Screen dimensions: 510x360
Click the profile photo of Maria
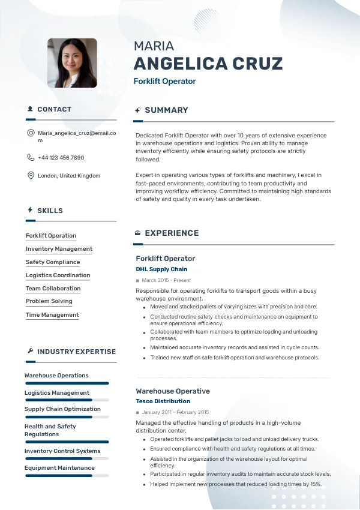[72, 63]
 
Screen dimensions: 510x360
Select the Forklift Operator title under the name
[164, 81]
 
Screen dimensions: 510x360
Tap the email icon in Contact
[31, 133]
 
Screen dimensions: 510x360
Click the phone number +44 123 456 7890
[61, 158]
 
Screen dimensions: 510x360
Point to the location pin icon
[31, 175]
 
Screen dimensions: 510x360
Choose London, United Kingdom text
[69, 176]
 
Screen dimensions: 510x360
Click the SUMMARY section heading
[166, 110]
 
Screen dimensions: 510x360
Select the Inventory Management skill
[59, 249]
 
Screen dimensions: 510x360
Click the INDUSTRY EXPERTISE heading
[76, 352]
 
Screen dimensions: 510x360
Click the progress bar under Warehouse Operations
[67, 383]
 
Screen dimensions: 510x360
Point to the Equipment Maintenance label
[59, 468]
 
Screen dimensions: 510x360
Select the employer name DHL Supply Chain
[161, 269]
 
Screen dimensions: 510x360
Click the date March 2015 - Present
[166, 280]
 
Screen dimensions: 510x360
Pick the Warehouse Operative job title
[173, 391]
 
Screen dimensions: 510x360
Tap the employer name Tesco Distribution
[163, 401]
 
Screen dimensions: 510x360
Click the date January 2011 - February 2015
[175, 412]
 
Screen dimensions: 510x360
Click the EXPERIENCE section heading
[172, 233]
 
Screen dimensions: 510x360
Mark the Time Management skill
[52, 314]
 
